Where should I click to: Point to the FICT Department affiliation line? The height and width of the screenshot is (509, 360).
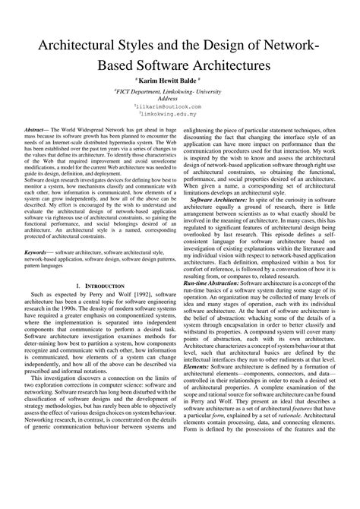click(x=179, y=90)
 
